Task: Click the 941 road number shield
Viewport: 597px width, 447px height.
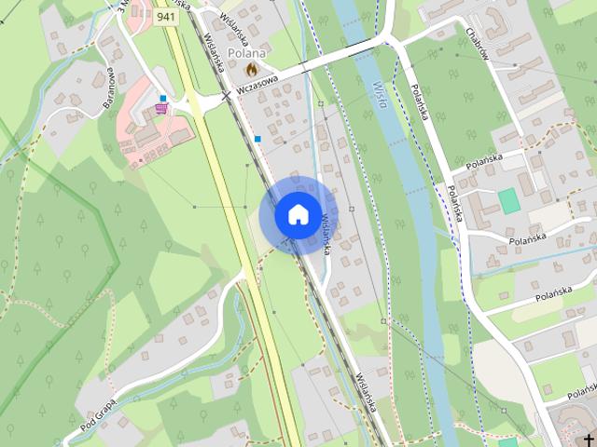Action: tap(166, 17)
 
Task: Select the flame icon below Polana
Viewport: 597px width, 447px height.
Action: tap(250, 69)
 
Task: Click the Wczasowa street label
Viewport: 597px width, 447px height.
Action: tap(257, 82)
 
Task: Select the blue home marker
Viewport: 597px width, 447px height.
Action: tap(298, 214)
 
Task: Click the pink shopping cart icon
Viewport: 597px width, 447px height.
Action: tap(161, 109)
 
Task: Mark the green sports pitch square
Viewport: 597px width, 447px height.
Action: tap(508, 199)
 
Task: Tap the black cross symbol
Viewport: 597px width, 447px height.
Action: tap(589, 438)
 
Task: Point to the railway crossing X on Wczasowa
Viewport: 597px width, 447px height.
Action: tap(226, 95)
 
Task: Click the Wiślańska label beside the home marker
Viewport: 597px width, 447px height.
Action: tap(327, 233)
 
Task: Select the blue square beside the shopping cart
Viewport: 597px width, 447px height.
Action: tap(162, 98)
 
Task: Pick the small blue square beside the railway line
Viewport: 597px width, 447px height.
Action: tap(257, 139)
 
